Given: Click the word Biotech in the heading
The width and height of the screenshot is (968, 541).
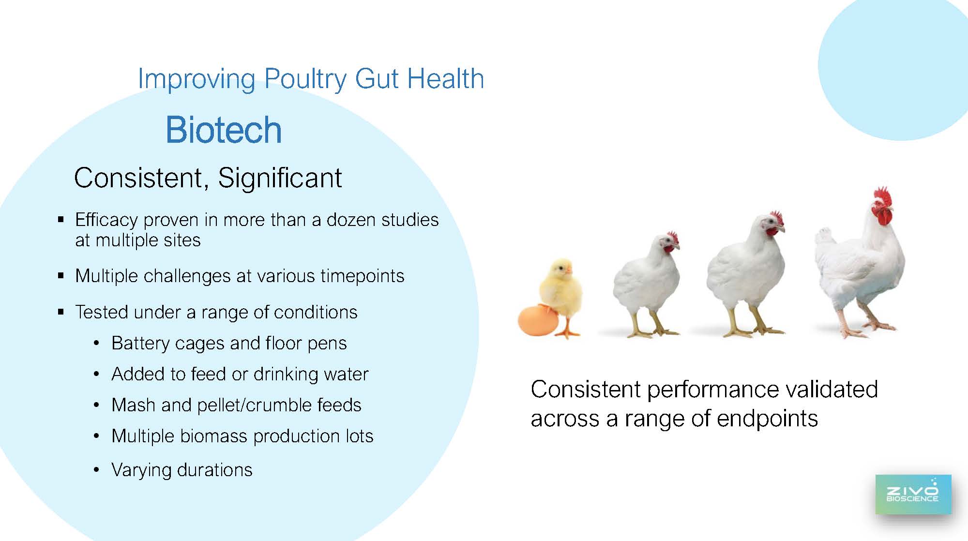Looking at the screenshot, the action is [224, 130].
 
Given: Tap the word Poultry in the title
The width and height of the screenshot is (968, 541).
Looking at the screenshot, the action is [306, 79].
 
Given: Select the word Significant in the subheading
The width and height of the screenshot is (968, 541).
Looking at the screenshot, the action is [280, 178].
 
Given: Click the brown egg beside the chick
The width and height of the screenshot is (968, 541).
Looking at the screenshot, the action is [537, 320].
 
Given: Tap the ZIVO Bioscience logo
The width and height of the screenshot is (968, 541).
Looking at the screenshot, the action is [913, 494].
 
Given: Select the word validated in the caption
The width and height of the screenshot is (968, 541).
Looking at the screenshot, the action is [831, 389].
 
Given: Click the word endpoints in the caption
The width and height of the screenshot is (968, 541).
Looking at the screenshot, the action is [767, 419].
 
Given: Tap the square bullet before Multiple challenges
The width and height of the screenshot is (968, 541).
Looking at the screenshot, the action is [61, 276].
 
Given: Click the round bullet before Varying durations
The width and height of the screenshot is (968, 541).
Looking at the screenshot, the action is [97, 470].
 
